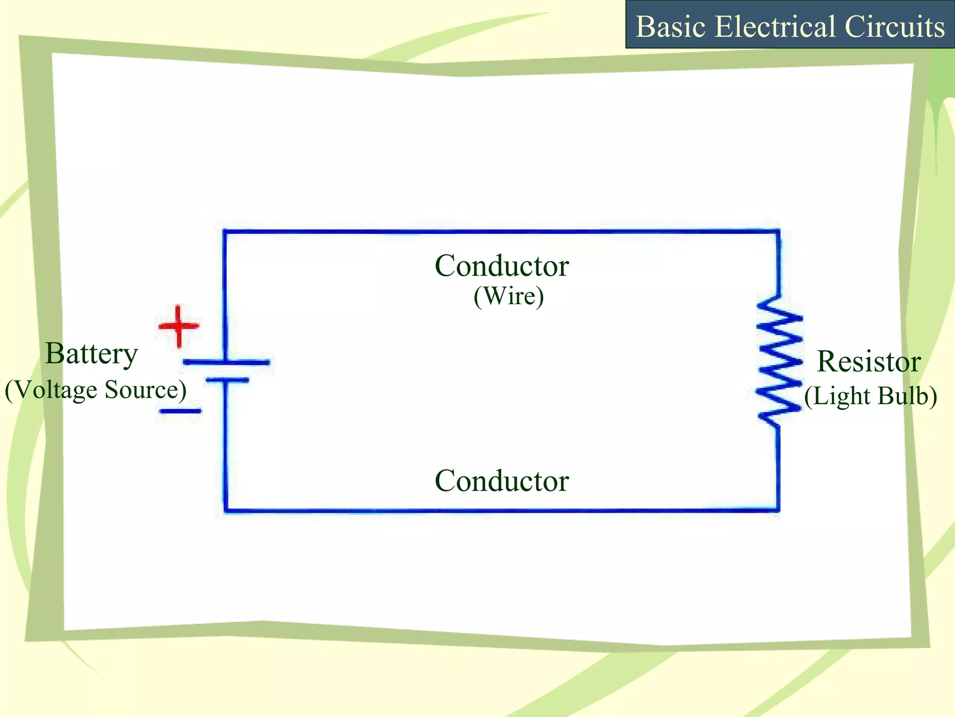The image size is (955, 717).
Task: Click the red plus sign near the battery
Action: click(x=179, y=326)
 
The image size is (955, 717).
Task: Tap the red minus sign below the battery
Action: click(x=180, y=411)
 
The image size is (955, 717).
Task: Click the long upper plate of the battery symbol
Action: click(x=226, y=362)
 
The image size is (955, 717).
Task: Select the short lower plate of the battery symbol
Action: click(x=227, y=380)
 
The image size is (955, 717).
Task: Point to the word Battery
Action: click(x=91, y=354)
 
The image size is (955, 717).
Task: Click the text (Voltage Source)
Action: click(x=96, y=390)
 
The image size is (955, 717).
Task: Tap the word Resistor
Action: click(x=869, y=362)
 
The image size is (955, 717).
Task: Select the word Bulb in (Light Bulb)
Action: click(x=907, y=396)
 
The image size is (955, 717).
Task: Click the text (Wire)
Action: click(x=509, y=296)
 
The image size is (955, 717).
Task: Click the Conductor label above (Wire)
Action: click(x=502, y=266)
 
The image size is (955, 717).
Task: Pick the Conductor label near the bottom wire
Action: click(x=502, y=481)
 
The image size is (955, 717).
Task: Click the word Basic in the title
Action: click(x=671, y=27)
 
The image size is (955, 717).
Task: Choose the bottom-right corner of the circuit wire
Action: click(x=777, y=510)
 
